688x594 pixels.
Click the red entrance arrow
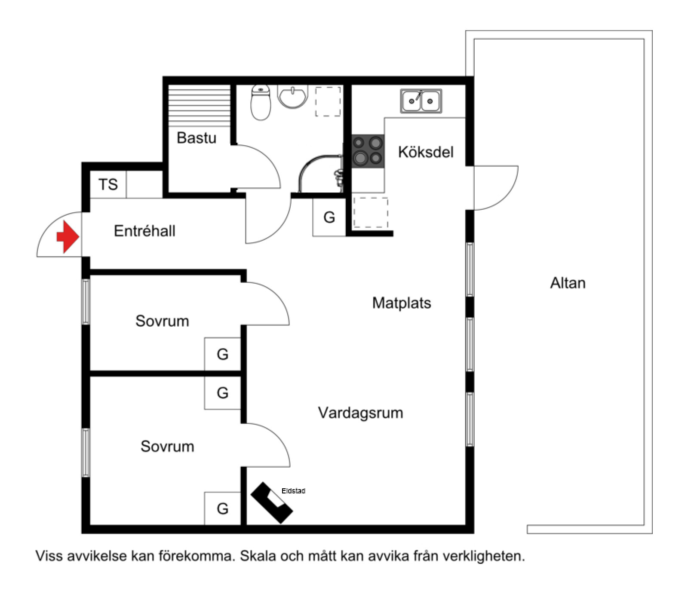tap(67, 236)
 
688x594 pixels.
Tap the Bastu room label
tap(197, 138)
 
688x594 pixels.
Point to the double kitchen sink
tap(421, 101)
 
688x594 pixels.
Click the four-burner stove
tap(368, 151)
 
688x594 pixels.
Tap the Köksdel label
tap(426, 152)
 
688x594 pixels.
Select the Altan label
tap(568, 283)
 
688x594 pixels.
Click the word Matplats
tap(402, 303)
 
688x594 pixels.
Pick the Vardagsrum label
tap(360, 413)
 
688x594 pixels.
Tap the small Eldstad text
tap(293, 491)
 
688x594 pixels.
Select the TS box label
tap(108, 184)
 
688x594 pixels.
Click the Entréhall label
tap(144, 231)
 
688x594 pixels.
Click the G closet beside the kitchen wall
tap(329, 217)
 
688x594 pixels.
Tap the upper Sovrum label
tap(162, 321)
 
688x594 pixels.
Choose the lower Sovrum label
tap(167, 447)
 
